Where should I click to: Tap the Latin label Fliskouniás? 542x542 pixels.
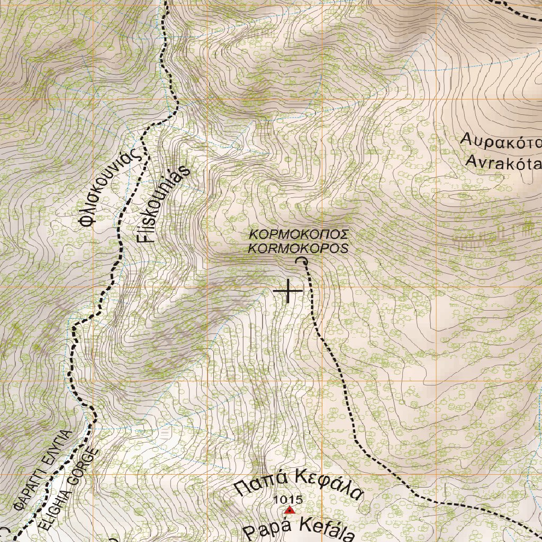pos(165,204)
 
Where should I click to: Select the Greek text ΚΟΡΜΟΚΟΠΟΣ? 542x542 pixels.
pos(299,234)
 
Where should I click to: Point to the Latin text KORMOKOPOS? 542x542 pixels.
pos(299,248)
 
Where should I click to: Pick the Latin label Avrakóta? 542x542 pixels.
pos(503,161)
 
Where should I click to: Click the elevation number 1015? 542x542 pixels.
pos(288,499)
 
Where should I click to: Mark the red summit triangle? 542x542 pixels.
pos(289,510)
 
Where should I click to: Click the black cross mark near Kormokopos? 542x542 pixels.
pos(288,291)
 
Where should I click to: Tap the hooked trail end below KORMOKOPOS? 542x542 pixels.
pos(302,260)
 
